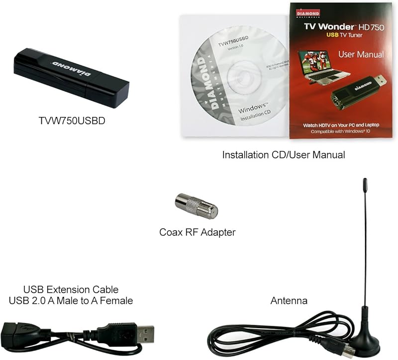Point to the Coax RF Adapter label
pos(198,232)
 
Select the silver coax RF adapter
pos(197,206)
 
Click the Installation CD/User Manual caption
pos(284,155)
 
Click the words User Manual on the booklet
pos(361,54)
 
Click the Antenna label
pos(289,301)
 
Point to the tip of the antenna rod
pos(365,181)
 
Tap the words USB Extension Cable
pos(71,289)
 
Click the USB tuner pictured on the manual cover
pos(355,90)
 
